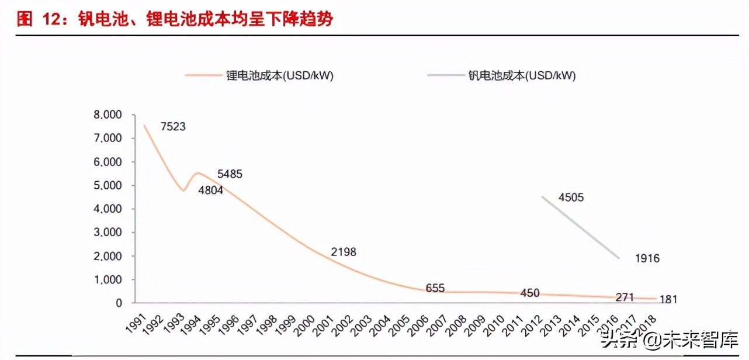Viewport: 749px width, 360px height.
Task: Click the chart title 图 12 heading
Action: pyautogui.click(x=175, y=19)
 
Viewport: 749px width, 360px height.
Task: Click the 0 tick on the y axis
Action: pyautogui.click(x=119, y=303)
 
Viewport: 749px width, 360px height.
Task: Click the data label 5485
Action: pyautogui.click(x=229, y=174)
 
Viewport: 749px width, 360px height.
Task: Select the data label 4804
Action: pyautogui.click(x=210, y=191)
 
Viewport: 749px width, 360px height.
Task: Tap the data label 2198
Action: pyautogui.click(x=343, y=252)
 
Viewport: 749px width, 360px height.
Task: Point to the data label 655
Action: pyautogui.click(x=435, y=288)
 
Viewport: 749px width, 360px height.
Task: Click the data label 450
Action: pyautogui.click(x=529, y=293)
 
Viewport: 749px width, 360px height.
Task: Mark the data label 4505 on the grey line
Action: pyautogui.click(x=571, y=198)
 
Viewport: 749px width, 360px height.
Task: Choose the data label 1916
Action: pyautogui.click(x=647, y=258)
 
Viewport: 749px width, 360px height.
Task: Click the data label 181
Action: pyautogui.click(x=668, y=300)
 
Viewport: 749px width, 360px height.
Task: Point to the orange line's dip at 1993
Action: pyautogui.click(x=183, y=191)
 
